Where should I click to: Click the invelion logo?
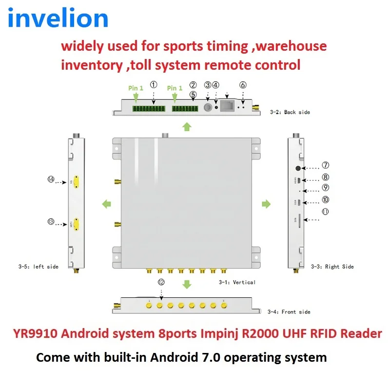[58, 19]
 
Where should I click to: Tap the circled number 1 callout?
[154, 85]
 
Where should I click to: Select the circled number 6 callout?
[243, 85]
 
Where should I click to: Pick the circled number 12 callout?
[161, 282]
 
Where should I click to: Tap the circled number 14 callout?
[51, 179]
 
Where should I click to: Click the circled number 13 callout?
[51, 221]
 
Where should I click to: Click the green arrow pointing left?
[105, 203]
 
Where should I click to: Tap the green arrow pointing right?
[266, 203]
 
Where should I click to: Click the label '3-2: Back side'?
[290, 112]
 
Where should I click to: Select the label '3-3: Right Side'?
[332, 267]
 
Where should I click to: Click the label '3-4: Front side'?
[289, 312]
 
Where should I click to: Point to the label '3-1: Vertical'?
[237, 282]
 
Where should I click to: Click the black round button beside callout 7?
[298, 168]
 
